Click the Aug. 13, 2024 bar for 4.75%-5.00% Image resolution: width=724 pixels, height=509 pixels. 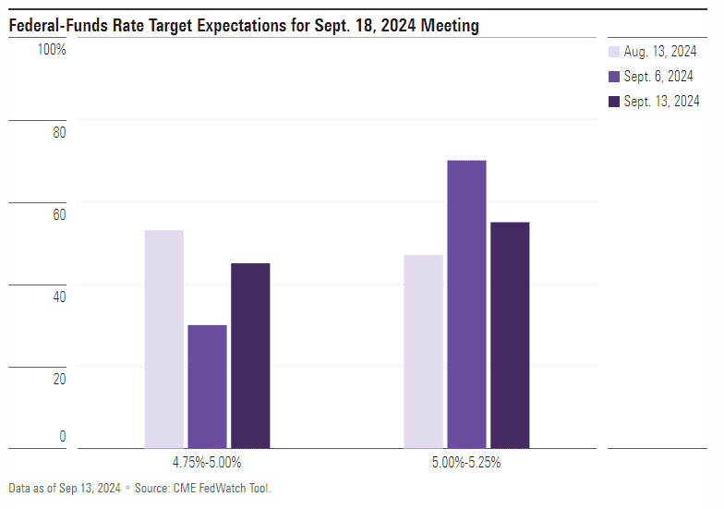pyautogui.click(x=163, y=339)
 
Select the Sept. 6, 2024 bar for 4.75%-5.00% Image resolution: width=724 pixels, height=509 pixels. pyautogui.click(x=207, y=386)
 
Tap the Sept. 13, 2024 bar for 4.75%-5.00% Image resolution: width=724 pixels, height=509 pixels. pyautogui.click(x=250, y=356)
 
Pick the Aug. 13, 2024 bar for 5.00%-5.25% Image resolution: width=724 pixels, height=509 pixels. pyautogui.click(x=423, y=351)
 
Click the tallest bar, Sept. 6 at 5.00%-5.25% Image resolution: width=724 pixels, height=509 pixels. pyautogui.click(x=466, y=304)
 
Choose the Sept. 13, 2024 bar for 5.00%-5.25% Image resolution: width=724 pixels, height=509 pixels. pyautogui.click(x=510, y=334)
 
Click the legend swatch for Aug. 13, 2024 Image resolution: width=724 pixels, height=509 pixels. pyautogui.click(x=614, y=52)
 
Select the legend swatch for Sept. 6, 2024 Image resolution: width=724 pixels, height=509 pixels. pyautogui.click(x=614, y=77)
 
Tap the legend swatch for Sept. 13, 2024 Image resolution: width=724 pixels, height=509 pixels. pyautogui.click(x=614, y=102)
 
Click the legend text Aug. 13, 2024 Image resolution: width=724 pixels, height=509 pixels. pyautogui.click(x=659, y=52)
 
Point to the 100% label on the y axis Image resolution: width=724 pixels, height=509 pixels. pyautogui.click(x=52, y=49)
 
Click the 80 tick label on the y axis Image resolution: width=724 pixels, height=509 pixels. pyautogui.click(x=59, y=132)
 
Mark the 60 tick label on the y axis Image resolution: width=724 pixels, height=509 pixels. pyautogui.click(x=59, y=214)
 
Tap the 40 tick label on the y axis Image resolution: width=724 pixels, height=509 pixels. pyautogui.click(x=59, y=297)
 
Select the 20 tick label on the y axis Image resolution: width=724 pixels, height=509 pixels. pyautogui.click(x=59, y=379)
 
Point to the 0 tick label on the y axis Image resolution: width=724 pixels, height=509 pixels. pyautogui.click(x=63, y=436)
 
